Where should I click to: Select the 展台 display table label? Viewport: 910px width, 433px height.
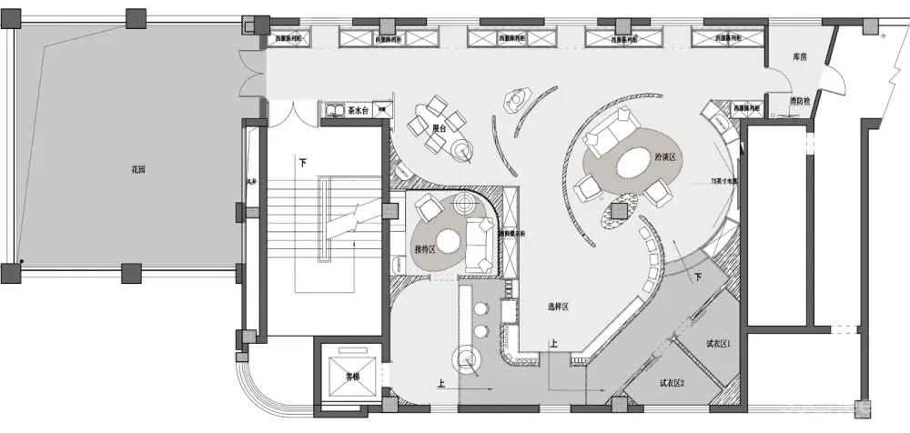438,128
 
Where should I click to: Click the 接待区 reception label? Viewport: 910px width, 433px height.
426,248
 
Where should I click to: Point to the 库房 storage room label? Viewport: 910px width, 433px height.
799,56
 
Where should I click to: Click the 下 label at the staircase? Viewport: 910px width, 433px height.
302,162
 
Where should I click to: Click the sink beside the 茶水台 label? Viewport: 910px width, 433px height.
330,111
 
